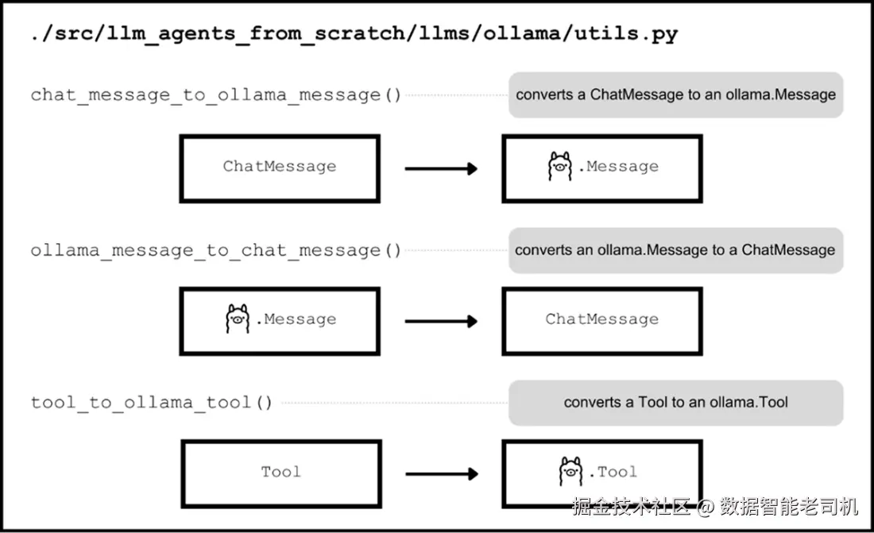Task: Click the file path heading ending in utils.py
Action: tap(354, 34)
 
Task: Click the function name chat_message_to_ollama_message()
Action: tap(215, 95)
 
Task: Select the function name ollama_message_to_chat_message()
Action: tap(215, 251)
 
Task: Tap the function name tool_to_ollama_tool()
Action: tap(152, 403)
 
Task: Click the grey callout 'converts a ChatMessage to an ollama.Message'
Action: tap(675, 95)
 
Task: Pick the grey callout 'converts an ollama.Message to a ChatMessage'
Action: tap(675, 250)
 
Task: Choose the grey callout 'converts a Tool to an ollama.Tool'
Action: tap(675, 403)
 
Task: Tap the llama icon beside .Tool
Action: tap(570, 472)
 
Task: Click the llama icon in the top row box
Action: tap(560, 166)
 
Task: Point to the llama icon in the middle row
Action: tap(238, 319)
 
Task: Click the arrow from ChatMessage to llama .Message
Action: tap(441, 168)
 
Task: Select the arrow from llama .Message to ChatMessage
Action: tap(441, 321)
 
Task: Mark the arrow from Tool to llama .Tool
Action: tap(442, 474)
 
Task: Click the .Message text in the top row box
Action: tap(619, 167)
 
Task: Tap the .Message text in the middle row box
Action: tap(296, 319)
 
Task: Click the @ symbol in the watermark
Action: tap(705, 508)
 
